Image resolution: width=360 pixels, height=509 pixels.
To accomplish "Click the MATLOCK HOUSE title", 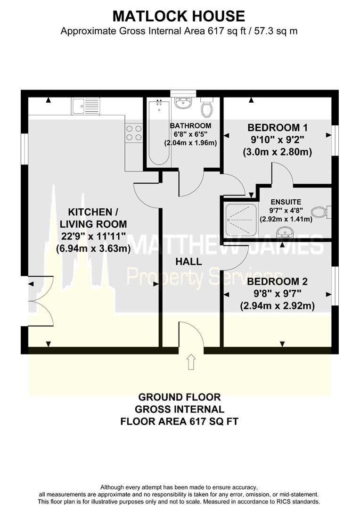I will click(x=179, y=16).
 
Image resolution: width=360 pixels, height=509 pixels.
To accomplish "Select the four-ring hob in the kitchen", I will click(x=134, y=132).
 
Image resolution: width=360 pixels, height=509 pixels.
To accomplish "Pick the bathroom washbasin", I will click(x=181, y=104).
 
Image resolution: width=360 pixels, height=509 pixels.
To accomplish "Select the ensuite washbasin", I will click(x=284, y=232).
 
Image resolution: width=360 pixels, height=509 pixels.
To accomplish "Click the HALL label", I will click(x=189, y=262).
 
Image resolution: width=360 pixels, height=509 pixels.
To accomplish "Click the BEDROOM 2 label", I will click(x=278, y=282).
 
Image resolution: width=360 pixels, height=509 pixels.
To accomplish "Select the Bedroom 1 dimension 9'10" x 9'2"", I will click(x=277, y=140).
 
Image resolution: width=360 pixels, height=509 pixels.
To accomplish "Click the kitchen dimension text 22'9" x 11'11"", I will click(x=93, y=237).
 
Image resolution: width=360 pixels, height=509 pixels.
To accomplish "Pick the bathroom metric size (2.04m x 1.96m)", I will click(x=190, y=142).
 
